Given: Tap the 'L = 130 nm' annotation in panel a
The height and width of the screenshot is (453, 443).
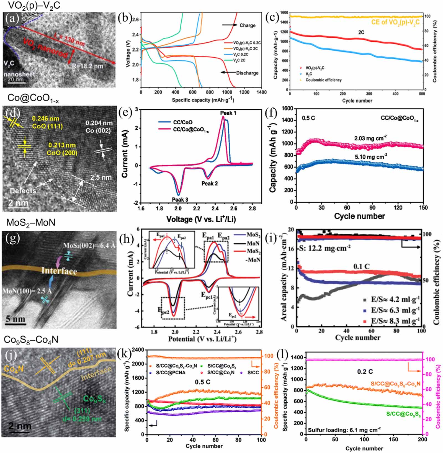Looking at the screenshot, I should (69, 38).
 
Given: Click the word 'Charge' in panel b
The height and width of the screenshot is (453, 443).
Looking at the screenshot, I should (247, 25).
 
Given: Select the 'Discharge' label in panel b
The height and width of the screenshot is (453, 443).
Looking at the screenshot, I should (247, 73).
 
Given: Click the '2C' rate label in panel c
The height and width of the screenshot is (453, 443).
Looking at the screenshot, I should (361, 32).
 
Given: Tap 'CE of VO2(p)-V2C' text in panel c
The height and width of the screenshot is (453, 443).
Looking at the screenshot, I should (395, 22).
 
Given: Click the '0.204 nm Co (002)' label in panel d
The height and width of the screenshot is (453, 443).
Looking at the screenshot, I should (99, 127).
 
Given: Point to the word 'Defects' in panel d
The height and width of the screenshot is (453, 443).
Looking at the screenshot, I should (23, 191).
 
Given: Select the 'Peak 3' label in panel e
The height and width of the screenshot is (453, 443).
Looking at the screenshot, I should (180, 200).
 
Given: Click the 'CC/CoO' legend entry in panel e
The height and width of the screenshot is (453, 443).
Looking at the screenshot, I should (182, 122).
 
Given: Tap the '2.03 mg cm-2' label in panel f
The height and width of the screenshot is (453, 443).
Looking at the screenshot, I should (370, 138).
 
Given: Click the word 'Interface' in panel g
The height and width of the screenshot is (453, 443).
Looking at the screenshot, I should (59, 271).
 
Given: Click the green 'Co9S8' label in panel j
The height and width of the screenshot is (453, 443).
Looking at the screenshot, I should (94, 399).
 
